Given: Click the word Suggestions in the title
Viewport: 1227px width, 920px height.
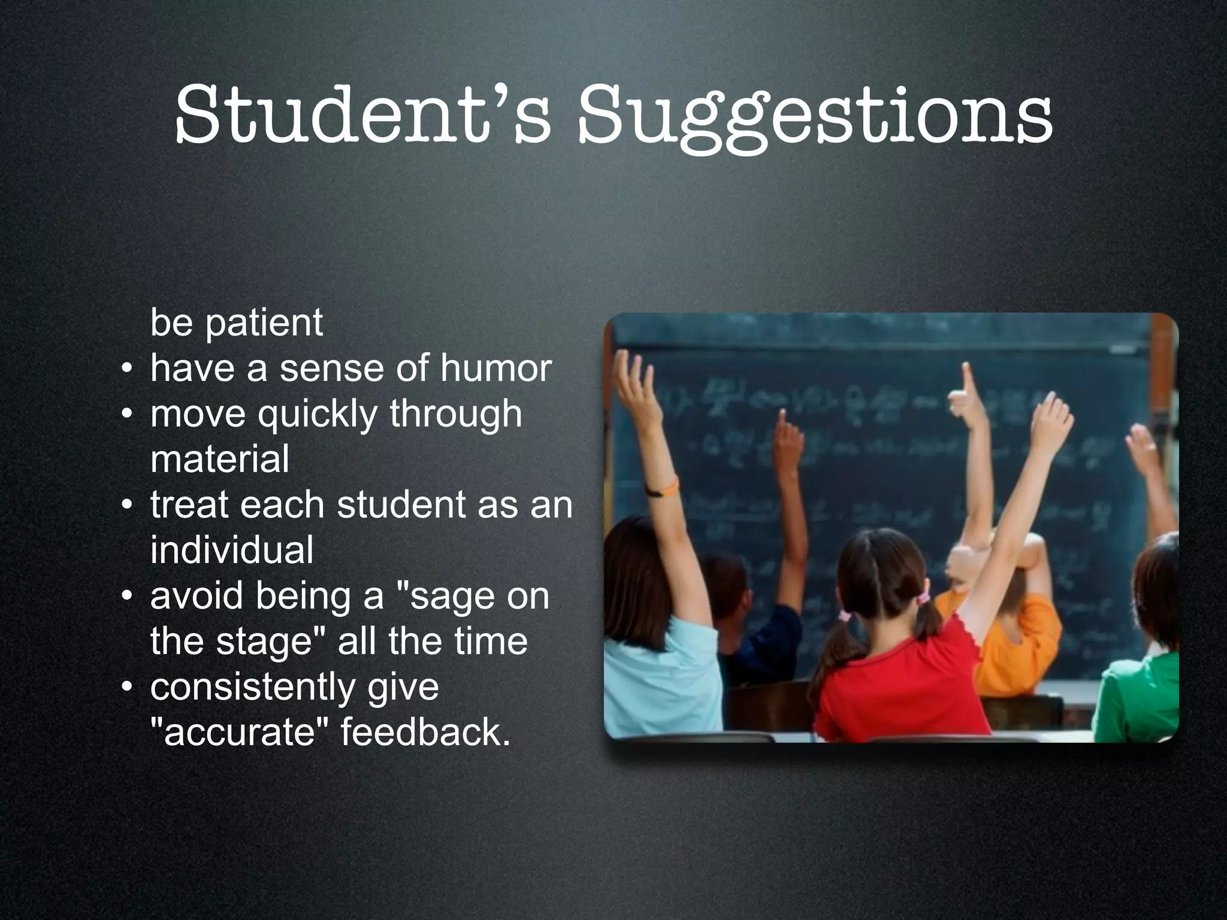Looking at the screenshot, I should [814, 117].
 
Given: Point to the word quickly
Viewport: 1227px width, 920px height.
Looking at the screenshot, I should [318, 414].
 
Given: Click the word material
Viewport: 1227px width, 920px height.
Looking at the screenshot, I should [219, 459].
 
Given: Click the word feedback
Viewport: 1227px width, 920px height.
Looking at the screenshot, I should [425, 732].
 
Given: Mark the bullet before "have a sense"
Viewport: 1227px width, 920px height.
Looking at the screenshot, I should [126, 369].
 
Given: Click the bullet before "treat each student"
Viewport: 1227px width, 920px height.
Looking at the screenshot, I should [126, 506].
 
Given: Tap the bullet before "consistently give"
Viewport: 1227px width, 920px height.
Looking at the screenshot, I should [126, 688].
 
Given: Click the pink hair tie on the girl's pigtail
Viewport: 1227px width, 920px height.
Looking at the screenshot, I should [845, 616].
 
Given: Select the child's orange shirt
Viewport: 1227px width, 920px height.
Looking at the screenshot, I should [1013, 641].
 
